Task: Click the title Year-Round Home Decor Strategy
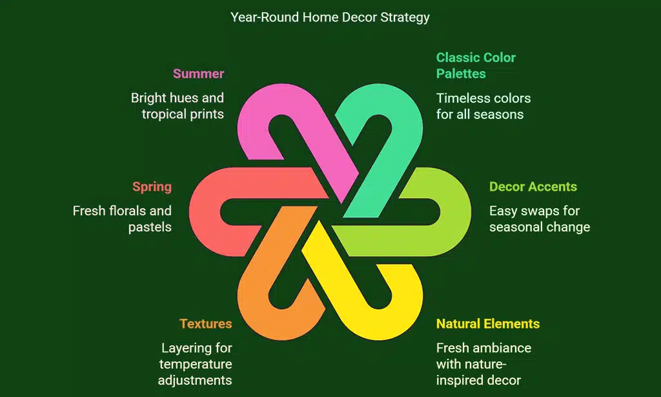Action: tap(330, 17)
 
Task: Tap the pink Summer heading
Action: tap(198, 74)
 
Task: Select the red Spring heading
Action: tap(152, 187)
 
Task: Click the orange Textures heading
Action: tap(205, 323)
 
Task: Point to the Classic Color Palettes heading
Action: tap(476, 65)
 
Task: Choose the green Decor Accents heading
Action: tap(533, 187)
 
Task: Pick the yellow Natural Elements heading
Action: tap(487, 323)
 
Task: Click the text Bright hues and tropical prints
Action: tap(178, 106)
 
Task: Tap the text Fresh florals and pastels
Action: tap(122, 219)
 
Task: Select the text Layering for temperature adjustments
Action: tap(195, 364)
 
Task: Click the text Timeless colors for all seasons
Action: tap(483, 106)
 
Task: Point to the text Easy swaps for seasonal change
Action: tap(539, 219)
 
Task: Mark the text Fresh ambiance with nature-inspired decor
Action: tap(483, 364)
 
